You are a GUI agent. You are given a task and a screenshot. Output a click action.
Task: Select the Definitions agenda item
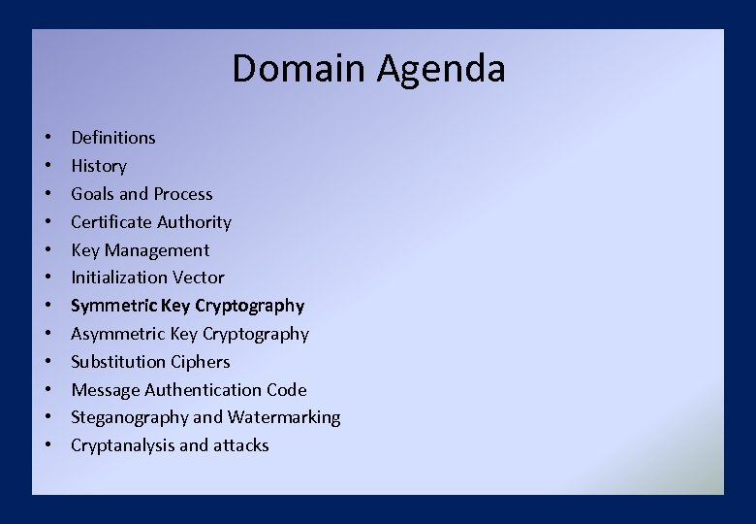tap(112, 138)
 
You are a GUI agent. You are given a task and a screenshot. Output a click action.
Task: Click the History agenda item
tap(98, 166)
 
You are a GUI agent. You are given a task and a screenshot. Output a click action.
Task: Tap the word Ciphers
tap(200, 362)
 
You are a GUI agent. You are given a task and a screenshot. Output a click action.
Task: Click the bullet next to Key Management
tap(47, 250)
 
